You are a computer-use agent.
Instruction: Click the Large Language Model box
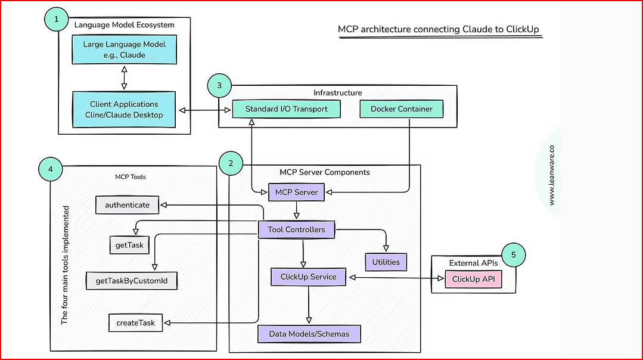124,49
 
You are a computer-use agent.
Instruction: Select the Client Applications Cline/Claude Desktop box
124,109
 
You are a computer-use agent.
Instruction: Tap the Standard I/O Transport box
286,109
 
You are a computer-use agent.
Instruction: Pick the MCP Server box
297,193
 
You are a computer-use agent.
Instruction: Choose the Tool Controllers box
296,229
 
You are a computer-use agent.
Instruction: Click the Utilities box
386,262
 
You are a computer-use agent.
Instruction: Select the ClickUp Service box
308,277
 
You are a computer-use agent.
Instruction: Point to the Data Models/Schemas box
309,334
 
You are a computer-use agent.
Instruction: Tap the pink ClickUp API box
473,279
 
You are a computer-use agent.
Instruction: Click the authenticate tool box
127,205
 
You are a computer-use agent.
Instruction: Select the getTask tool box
129,244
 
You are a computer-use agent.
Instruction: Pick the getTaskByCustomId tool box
132,281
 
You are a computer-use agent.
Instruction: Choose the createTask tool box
135,322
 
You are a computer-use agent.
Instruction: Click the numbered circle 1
57,20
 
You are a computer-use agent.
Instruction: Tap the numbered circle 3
220,86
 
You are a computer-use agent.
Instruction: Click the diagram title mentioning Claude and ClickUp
440,29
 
